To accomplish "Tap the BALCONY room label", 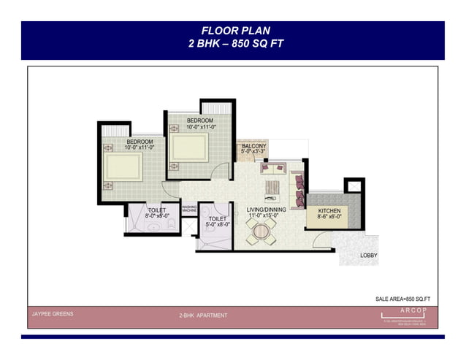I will click(253, 146).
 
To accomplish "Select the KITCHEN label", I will click(329, 210).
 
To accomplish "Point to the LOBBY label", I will click(368, 256).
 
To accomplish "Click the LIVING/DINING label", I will click(266, 210).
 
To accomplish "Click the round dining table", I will click(261, 233).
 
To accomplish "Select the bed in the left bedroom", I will click(123, 166).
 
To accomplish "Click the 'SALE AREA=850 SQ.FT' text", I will click(402, 299).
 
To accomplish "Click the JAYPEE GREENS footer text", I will click(52, 314).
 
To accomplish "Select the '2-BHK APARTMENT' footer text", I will click(203, 315).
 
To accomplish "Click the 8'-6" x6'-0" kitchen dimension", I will click(329, 217).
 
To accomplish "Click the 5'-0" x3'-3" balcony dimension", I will click(253, 152).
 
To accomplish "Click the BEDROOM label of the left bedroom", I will click(140, 141).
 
